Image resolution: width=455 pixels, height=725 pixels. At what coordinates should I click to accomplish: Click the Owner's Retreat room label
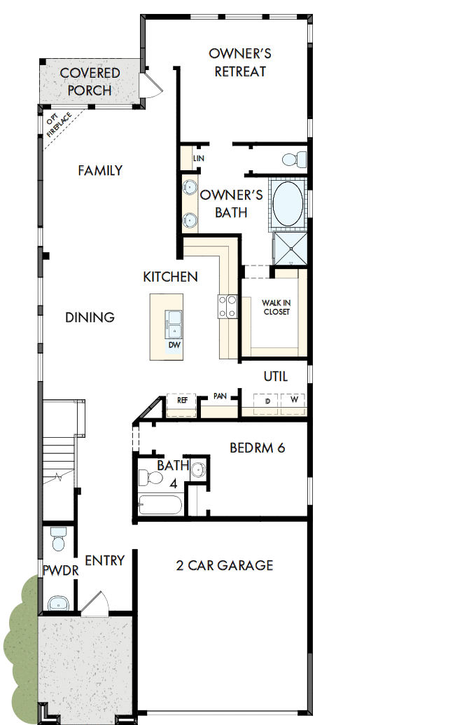click(x=240, y=62)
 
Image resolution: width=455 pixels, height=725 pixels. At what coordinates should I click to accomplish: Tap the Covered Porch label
click(x=90, y=81)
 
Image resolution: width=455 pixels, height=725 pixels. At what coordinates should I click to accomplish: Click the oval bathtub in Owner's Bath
click(x=288, y=203)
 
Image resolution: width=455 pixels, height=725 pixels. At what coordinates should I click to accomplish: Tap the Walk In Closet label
click(x=276, y=307)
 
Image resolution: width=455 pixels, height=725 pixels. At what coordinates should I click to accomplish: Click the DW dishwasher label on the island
click(x=173, y=345)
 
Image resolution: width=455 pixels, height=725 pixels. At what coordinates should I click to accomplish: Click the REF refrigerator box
click(x=182, y=401)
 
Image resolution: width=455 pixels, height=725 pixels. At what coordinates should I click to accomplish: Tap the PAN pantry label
click(x=220, y=396)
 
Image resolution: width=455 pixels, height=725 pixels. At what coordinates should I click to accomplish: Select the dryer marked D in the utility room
click(x=267, y=401)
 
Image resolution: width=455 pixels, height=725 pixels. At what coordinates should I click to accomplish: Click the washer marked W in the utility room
click(x=294, y=401)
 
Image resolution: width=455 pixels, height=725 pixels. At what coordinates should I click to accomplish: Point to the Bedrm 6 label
click(x=257, y=448)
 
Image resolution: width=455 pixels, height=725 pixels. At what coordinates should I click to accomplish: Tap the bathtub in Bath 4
click(x=160, y=505)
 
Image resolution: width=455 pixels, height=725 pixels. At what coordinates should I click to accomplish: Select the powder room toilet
click(x=57, y=541)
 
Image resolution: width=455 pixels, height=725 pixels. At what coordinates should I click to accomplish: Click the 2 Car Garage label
click(x=224, y=565)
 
